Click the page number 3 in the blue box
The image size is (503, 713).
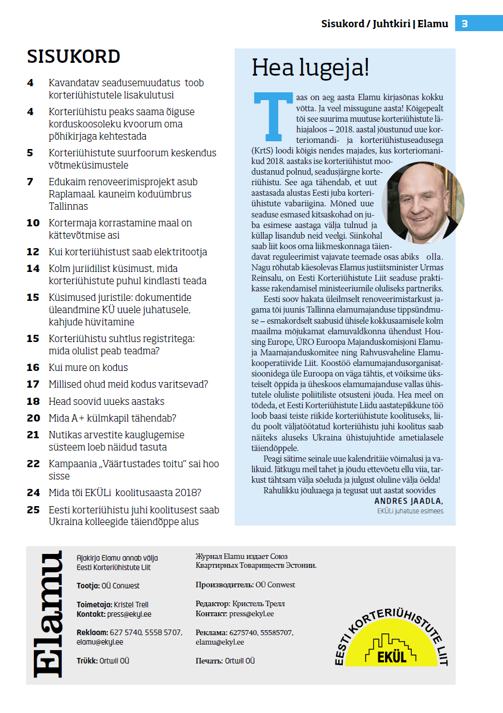465,24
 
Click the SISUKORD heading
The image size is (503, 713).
73,57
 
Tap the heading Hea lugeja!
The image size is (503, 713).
310,68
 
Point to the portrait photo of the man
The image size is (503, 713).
423,203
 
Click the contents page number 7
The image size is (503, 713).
30,182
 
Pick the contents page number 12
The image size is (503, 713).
33,252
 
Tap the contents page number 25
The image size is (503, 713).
33,510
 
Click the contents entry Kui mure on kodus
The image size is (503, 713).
88,368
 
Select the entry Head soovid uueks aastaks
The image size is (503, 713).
106,402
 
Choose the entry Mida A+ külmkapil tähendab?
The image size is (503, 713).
112,418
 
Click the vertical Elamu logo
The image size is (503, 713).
48,615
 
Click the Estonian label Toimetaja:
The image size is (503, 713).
94,605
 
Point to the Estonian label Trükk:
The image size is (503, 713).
87,661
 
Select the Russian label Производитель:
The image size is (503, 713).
224,585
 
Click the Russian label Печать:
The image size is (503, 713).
209,661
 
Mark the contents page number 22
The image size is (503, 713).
33,464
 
